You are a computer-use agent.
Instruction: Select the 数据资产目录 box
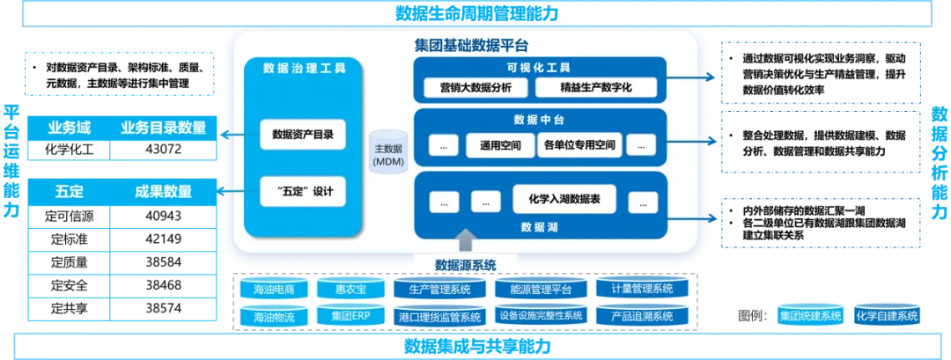click(302, 135)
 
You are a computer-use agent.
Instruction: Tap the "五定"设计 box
click(302, 192)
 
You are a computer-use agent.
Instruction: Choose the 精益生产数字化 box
click(595, 87)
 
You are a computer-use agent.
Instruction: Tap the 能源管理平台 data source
click(534, 289)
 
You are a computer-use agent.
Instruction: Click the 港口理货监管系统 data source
click(440, 316)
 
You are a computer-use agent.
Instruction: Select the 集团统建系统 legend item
click(810, 315)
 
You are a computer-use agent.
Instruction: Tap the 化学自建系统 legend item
click(887, 315)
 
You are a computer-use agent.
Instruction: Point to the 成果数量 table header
click(162, 192)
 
